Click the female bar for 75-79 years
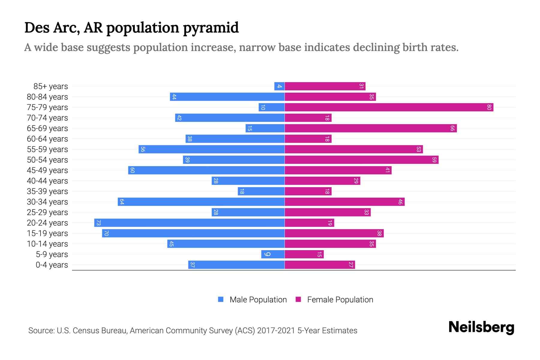click(389, 107)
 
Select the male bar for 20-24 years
click(189, 223)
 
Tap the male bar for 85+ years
click(279, 86)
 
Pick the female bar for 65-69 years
click(370, 128)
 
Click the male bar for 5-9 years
click(273, 254)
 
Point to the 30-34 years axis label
click(47, 202)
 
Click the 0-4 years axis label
click(52, 265)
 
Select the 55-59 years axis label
click(47, 149)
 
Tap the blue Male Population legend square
click(221, 299)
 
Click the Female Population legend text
click(340, 300)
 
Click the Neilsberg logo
click(481, 327)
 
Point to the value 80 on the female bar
click(489, 107)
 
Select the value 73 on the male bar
click(98, 223)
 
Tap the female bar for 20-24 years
click(309, 223)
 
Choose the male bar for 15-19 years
click(193, 233)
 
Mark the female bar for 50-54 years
click(361, 160)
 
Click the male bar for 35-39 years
click(261, 191)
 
